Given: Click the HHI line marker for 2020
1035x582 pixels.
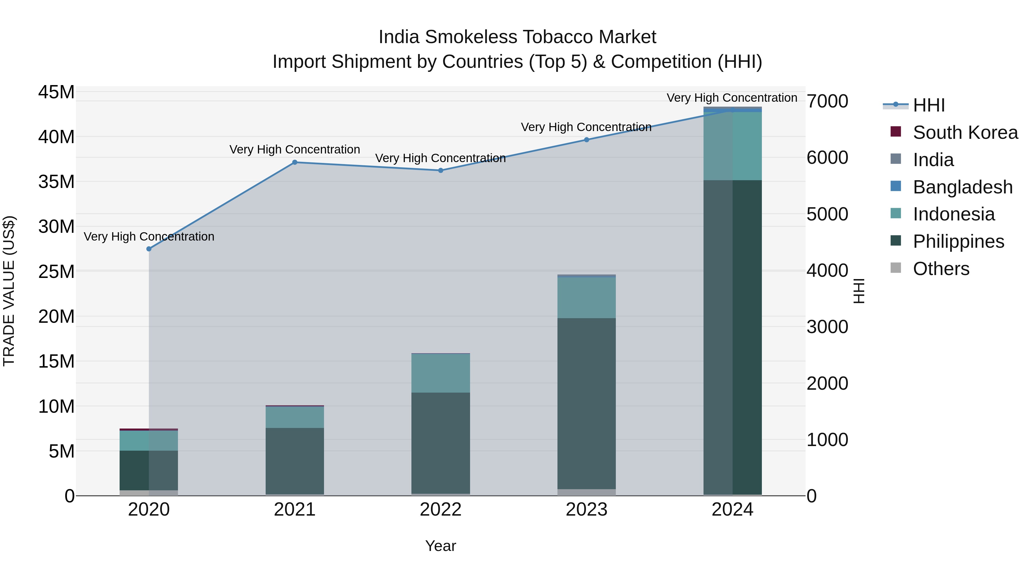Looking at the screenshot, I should click(149, 249).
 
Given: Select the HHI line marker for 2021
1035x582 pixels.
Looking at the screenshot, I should click(294, 162).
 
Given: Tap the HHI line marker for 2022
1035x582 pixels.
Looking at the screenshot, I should click(440, 170).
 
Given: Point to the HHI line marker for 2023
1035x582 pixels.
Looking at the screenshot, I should click(586, 140).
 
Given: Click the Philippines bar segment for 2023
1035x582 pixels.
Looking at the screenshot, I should click(586, 404).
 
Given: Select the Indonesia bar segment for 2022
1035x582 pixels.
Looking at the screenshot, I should click(440, 373).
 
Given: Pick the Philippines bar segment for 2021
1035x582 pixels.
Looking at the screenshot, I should click(294, 461).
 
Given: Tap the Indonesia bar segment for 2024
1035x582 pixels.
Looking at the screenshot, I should click(732, 146).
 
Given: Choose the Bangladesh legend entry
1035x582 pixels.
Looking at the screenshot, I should click(962, 187).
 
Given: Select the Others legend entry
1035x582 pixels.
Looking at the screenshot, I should click(941, 269).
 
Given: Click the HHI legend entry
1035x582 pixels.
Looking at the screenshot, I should click(929, 105).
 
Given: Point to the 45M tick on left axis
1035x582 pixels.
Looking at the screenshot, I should click(56, 92).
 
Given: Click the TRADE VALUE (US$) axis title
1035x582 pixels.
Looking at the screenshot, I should click(9, 291).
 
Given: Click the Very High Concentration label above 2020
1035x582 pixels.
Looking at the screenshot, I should click(149, 237).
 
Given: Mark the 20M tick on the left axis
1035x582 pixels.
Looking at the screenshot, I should click(56, 316).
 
